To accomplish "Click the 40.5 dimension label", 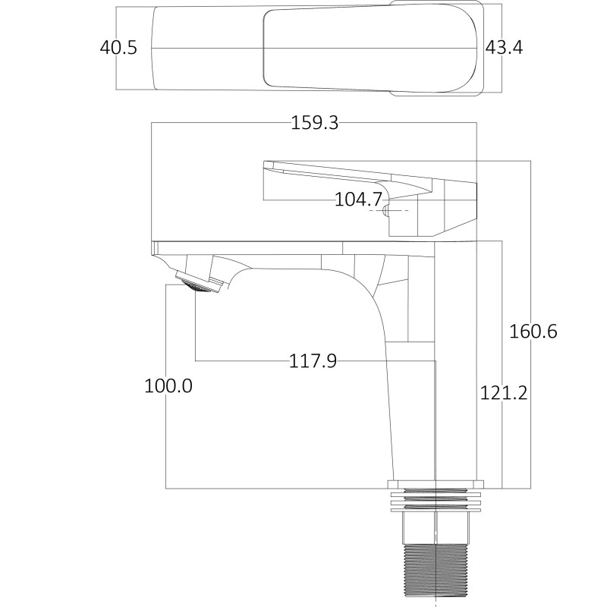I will [118, 48].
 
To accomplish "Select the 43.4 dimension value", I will [505, 48].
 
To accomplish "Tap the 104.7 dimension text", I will [358, 200].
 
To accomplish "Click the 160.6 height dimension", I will [533, 332].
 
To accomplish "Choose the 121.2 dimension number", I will [504, 392].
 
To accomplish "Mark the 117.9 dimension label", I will [313, 361].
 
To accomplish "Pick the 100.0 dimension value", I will [168, 385].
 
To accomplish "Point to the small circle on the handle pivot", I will [385, 209].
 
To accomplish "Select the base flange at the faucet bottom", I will [436, 484].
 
